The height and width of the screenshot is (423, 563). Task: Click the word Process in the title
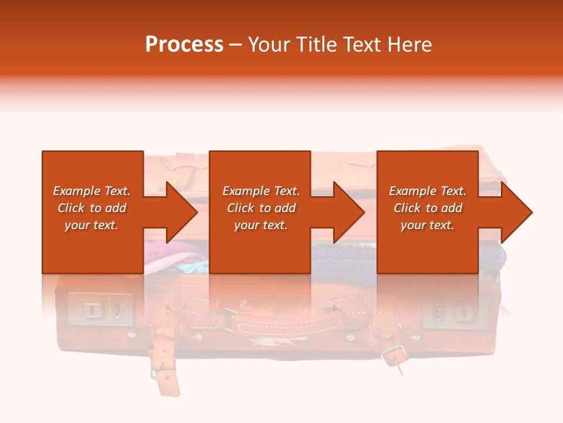point(184,45)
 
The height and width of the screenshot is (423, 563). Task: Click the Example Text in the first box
point(91,191)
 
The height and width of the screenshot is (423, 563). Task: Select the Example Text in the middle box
point(261,191)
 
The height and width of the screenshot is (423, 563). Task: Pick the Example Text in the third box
point(428,191)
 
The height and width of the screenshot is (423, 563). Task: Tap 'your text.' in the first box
point(91,225)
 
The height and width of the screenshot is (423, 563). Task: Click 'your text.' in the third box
point(428,225)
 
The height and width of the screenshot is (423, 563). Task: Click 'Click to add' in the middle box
point(261,208)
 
